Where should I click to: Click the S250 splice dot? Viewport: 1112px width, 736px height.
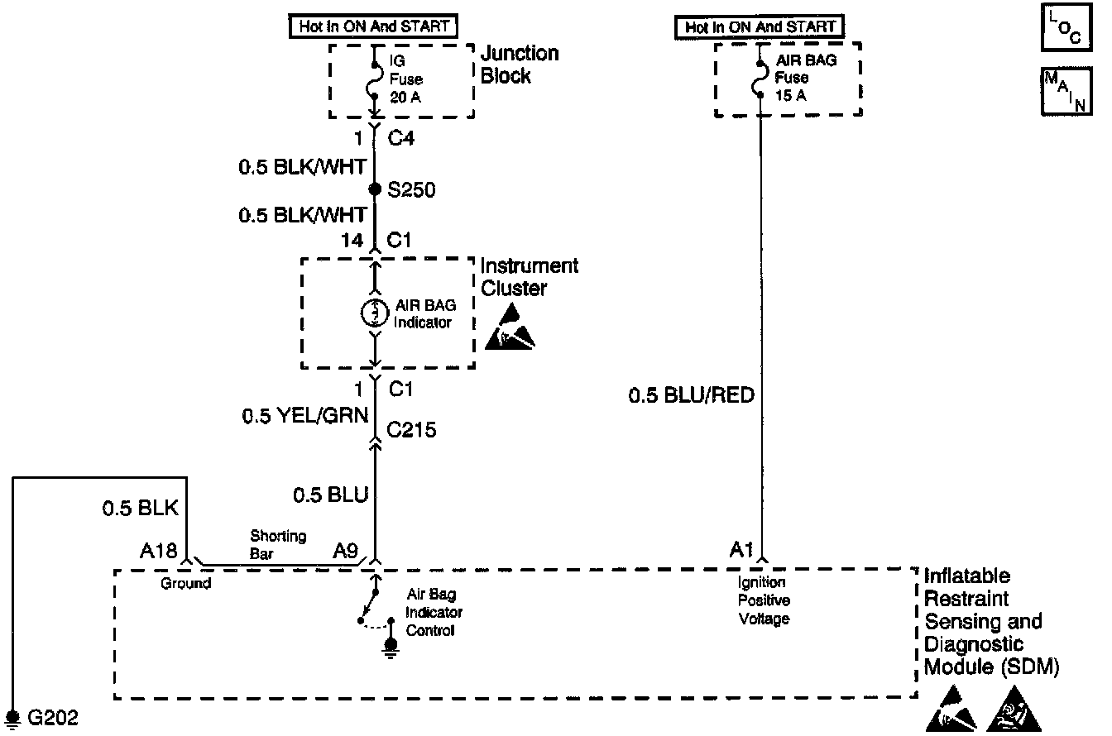coord(374,189)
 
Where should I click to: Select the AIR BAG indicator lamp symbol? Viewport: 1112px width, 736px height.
coord(374,313)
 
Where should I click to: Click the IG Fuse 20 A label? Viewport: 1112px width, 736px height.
coord(405,79)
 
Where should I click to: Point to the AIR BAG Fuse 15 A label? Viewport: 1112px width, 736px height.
coord(793,78)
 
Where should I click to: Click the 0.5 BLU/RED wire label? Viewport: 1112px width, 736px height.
coord(692,396)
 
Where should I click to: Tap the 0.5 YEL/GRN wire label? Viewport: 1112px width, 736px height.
coord(304,417)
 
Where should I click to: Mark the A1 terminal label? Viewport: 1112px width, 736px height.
coord(743,550)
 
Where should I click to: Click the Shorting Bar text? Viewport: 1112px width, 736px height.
coord(277,544)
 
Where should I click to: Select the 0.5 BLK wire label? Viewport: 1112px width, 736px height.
coord(140,508)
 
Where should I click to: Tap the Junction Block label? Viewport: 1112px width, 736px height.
coord(520,65)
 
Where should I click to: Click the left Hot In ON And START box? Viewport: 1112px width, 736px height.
coord(373,26)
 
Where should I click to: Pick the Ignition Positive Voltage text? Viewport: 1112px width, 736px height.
coord(763,600)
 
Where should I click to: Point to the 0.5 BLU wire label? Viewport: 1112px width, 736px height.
coord(330,495)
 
